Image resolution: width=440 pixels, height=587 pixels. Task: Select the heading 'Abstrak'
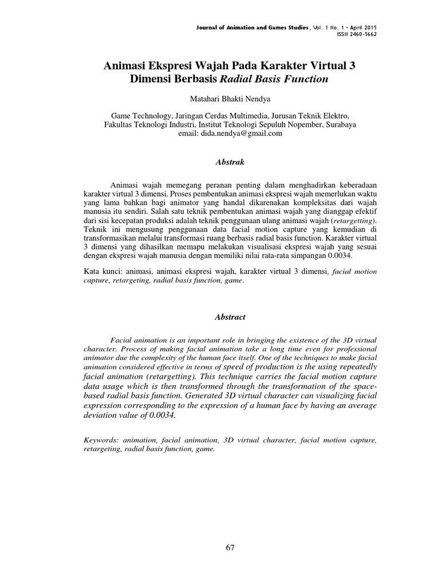230,162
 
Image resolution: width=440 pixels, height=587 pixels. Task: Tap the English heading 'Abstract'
230,317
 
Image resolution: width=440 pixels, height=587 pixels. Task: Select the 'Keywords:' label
102,439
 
